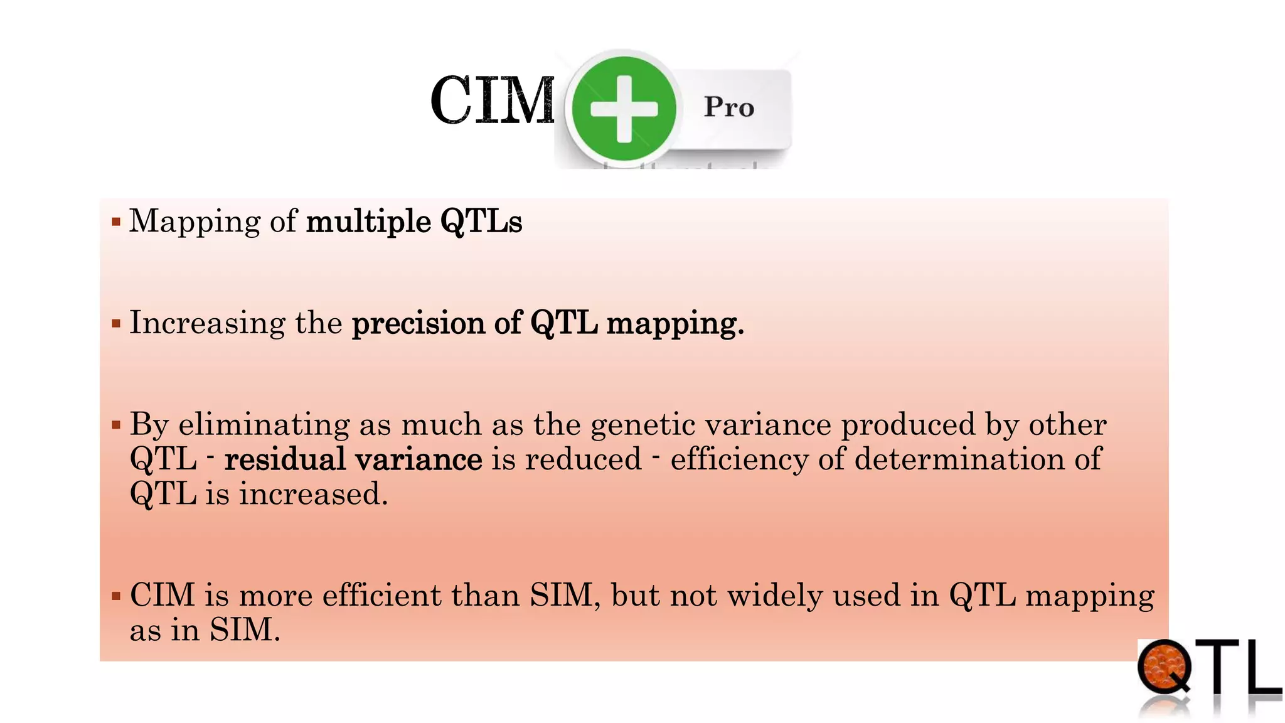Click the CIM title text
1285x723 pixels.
(493, 100)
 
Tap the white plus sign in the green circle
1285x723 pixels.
(624, 108)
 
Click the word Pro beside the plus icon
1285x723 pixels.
(728, 107)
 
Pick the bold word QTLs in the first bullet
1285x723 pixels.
(481, 222)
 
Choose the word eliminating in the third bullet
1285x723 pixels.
(264, 425)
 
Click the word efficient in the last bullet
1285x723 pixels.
(381, 595)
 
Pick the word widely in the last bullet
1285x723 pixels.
(775, 595)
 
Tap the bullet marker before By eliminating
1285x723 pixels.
(116, 426)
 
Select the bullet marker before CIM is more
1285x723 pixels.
(116, 596)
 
